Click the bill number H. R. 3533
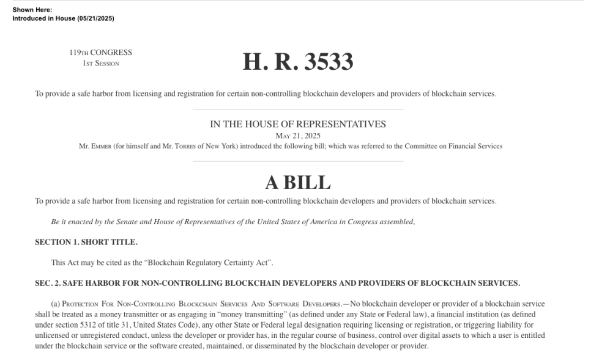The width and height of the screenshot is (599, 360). [298, 62]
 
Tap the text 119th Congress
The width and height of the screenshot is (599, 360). [101, 53]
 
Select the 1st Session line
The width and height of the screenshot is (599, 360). [101, 63]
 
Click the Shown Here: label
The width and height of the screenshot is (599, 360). [32, 10]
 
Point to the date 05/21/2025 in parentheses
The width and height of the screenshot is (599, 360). [95, 18]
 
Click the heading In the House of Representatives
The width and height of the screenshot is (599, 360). [298, 124]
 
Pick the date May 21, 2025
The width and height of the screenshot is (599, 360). [298, 135]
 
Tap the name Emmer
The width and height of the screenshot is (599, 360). [102, 146]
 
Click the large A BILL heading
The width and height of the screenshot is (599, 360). [298, 182]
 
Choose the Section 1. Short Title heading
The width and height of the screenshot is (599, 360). [86, 242]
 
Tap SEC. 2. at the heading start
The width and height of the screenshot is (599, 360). [48, 283]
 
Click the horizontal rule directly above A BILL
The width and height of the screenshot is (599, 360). [298, 162]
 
